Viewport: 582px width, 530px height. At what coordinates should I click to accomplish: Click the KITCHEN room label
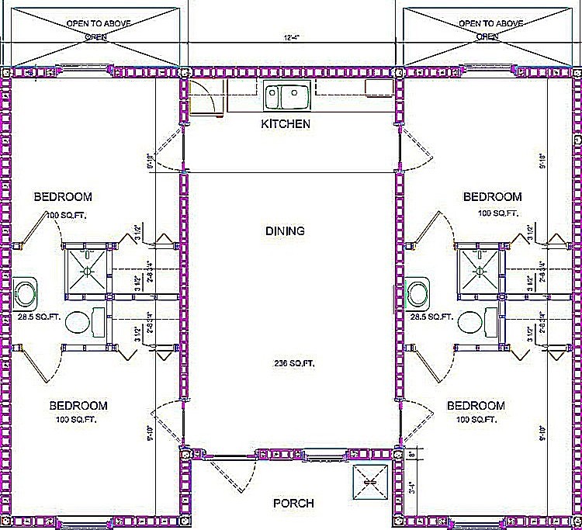286,123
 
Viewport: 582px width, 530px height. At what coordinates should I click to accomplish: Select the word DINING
285,230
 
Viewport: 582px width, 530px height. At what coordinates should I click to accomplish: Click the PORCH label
293,504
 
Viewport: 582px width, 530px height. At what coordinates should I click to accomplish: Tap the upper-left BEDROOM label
63,196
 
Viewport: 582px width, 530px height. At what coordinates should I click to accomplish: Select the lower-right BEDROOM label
476,405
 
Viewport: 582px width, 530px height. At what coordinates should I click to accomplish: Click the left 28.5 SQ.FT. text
41,317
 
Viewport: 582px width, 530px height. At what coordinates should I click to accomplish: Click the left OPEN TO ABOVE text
97,23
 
